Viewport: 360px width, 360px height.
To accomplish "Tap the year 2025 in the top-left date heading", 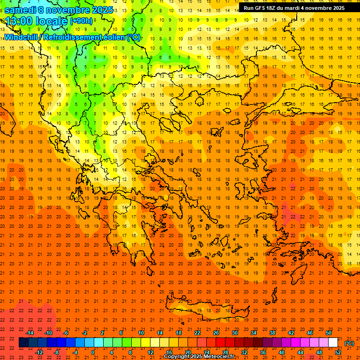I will (x=100, y=9).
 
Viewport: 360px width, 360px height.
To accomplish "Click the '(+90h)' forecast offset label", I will (x=81, y=21).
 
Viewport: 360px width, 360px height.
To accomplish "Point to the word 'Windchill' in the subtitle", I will (x=23, y=37).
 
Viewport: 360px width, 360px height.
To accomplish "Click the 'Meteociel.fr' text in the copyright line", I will (x=219, y=357).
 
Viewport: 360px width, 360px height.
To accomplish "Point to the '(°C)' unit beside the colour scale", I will (x=349, y=343).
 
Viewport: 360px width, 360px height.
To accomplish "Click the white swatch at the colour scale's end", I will (x=333, y=343).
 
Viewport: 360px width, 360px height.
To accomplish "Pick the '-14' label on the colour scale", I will (x=30, y=333).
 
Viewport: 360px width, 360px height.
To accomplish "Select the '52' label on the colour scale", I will (x=338, y=352).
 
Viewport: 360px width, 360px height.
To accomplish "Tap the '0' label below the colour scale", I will (x=93, y=352).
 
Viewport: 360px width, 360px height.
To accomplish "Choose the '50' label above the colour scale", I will (x=328, y=333).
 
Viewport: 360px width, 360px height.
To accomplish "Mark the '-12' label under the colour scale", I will (x=39, y=352).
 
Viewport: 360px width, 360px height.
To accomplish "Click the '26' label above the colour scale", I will (x=216, y=333).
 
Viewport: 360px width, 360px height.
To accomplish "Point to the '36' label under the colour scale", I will (x=262, y=352).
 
